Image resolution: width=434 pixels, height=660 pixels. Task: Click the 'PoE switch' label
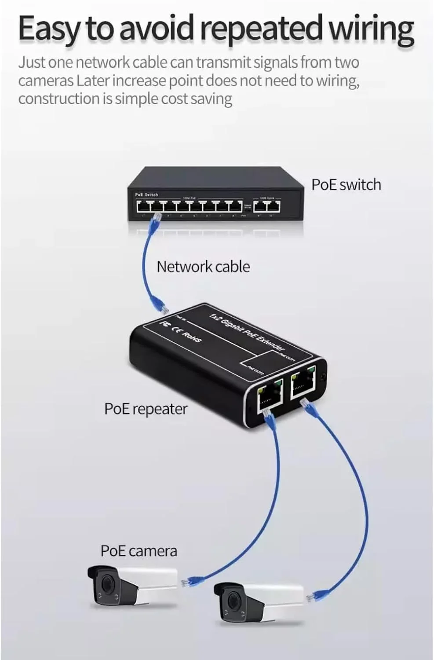(x=346, y=184)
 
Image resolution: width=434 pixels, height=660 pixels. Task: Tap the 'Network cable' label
(x=203, y=267)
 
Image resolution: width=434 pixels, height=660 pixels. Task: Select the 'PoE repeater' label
(x=146, y=409)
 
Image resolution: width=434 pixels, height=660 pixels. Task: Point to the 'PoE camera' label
(x=139, y=551)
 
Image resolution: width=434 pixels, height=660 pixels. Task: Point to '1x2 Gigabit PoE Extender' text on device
(x=246, y=332)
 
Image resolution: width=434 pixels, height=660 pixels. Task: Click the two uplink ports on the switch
(x=267, y=206)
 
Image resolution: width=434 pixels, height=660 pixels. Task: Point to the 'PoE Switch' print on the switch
(x=146, y=194)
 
